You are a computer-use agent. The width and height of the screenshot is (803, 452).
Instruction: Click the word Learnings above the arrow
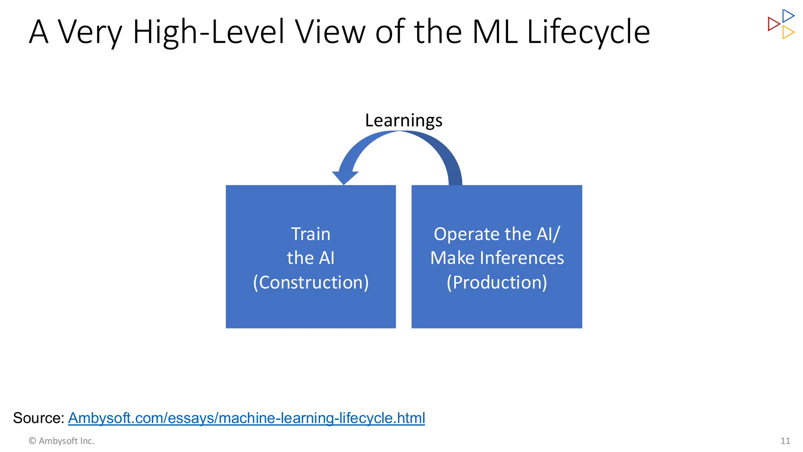(403, 120)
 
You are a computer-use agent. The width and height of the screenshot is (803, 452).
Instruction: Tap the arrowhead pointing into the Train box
(345, 177)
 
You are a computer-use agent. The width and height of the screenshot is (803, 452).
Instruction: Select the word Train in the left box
(311, 234)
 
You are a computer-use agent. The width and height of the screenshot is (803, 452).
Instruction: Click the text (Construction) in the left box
(311, 282)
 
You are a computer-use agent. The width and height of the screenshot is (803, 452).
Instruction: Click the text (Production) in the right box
(497, 282)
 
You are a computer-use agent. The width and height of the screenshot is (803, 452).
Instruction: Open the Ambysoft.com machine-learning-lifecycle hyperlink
(246, 418)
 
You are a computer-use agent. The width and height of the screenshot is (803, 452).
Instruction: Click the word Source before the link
(38, 418)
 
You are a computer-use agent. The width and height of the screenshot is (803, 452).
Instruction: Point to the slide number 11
(785, 441)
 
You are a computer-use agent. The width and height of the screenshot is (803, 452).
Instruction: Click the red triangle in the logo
(773, 24)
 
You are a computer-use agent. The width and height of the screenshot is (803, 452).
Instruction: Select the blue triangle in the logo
(787, 16)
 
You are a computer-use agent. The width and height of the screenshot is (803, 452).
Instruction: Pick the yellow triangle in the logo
(787, 32)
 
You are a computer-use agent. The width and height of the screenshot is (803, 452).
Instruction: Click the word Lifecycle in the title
(588, 32)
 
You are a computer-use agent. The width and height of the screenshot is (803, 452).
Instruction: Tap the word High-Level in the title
(208, 32)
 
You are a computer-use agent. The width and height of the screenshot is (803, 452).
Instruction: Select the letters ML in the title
(495, 32)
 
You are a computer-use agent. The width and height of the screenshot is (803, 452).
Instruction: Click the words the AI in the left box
(311, 258)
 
